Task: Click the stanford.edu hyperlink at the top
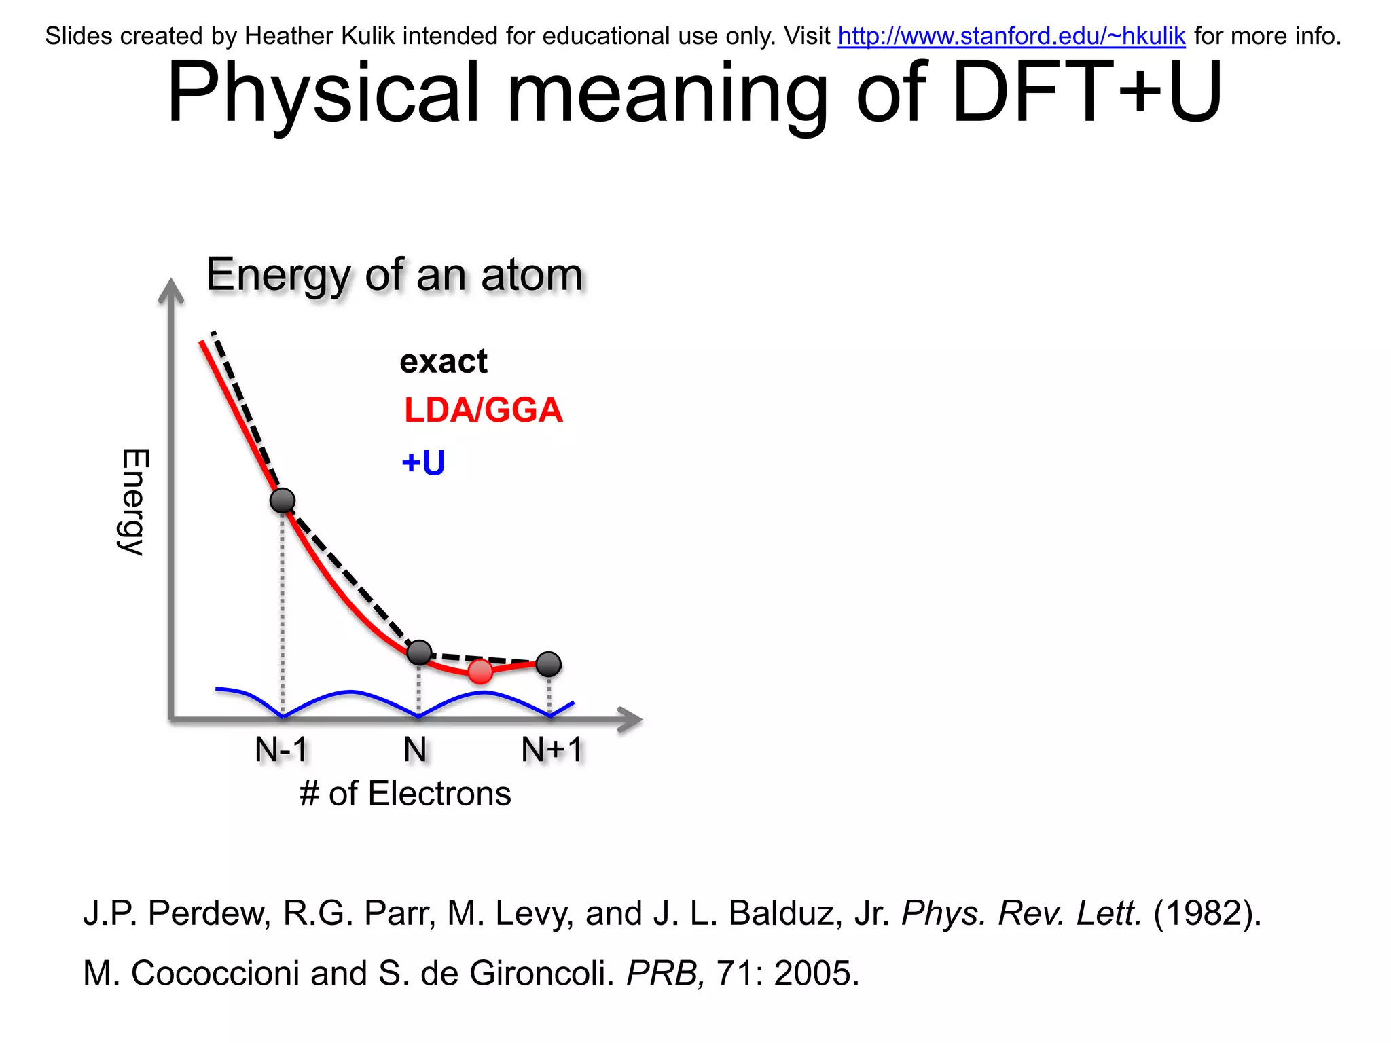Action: (x=1011, y=36)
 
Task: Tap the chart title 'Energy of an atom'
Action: (x=395, y=275)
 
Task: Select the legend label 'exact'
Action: (x=443, y=361)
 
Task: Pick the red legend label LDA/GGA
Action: (x=483, y=410)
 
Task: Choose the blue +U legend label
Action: (x=423, y=463)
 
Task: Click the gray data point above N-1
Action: (x=283, y=501)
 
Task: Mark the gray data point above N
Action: (x=419, y=653)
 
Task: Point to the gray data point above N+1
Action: (x=549, y=664)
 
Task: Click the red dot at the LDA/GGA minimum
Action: (x=480, y=672)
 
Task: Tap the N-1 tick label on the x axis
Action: (x=281, y=750)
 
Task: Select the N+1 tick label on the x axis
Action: (x=552, y=750)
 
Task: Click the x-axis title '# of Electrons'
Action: (x=405, y=794)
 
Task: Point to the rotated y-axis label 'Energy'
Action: (x=134, y=502)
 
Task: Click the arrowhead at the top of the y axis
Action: (x=171, y=290)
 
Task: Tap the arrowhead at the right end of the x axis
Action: (x=630, y=719)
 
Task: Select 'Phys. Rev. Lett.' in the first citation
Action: (x=1021, y=913)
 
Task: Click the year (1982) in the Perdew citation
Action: (x=1206, y=913)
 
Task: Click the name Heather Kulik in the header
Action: (x=319, y=36)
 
